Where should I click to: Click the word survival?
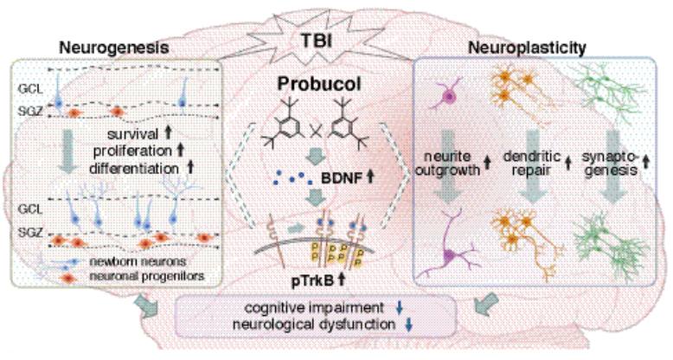[127, 136]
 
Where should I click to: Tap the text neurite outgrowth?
[452, 164]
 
